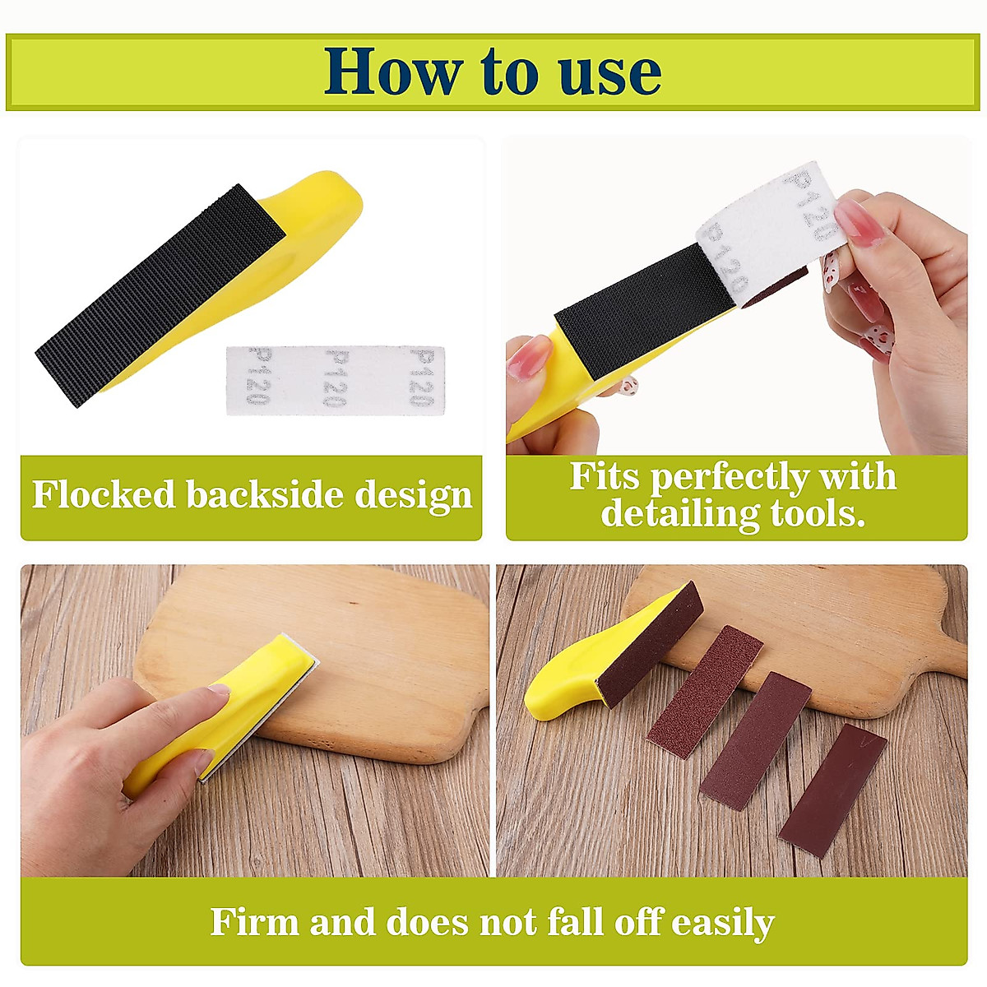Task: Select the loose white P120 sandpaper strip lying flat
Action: pos(336,380)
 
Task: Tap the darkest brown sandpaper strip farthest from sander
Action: pos(832,790)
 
